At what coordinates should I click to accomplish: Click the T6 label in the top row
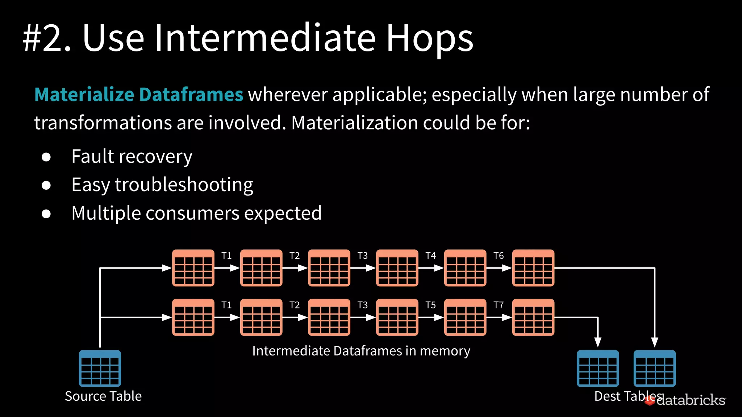click(x=499, y=256)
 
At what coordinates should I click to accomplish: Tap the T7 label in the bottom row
click(x=499, y=305)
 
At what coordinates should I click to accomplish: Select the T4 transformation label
click(x=430, y=256)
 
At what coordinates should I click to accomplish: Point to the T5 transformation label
click(x=430, y=305)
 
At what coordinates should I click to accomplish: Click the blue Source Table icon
click(x=100, y=368)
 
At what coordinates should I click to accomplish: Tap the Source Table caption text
click(x=103, y=396)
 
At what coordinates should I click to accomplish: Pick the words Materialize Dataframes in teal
click(x=138, y=94)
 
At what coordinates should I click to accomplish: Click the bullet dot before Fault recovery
click(x=46, y=157)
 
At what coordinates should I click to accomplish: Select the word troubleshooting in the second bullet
click(x=184, y=185)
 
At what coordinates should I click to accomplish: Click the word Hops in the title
click(x=430, y=38)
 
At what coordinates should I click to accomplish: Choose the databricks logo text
click(x=690, y=400)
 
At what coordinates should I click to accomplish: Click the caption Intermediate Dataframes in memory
click(x=361, y=351)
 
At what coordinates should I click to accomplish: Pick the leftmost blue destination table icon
click(x=598, y=368)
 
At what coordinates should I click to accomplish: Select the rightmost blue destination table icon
click(x=654, y=368)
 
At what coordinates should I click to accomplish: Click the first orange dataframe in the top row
click(x=193, y=268)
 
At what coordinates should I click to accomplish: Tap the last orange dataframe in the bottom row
click(x=533, y=317)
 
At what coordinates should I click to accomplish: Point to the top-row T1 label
click(x=226, y=256)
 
